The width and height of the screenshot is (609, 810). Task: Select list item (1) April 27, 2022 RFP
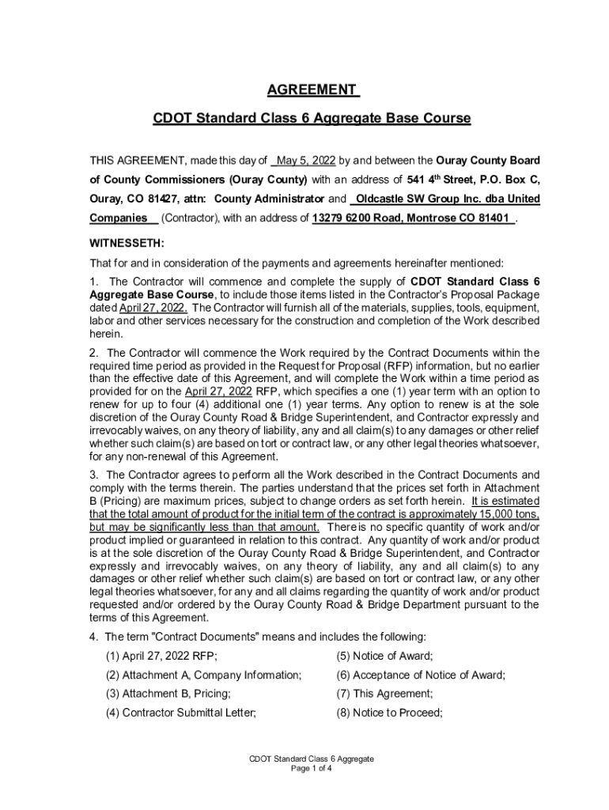click(161, 656)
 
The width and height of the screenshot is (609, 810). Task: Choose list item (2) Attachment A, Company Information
click(203, 675)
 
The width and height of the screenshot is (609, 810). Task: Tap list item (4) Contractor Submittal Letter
click(181, 713)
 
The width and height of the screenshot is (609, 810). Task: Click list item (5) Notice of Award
click(384, 656)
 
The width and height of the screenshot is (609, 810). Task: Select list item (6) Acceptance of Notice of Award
click(420, 675)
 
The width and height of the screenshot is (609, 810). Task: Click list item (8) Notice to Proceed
click(388, 713)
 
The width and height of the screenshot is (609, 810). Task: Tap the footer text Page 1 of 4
click(311, 768)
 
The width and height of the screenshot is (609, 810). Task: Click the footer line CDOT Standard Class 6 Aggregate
click(311, 759)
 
